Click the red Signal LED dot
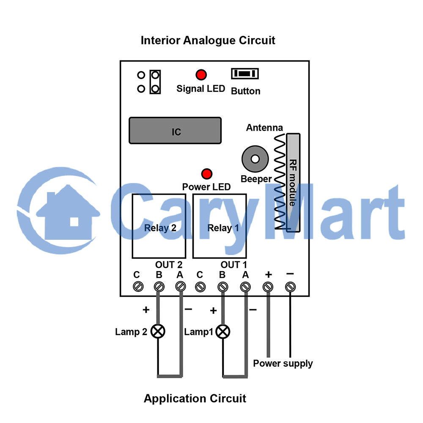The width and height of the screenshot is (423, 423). pyautogui.click(x=201, y=75)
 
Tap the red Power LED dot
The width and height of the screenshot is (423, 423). pyautogui.click(x=207, y=174)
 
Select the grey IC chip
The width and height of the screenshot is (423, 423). pyautogui.click(x=175, y=131)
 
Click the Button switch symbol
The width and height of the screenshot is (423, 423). pyautogui.click(x=244, y=74)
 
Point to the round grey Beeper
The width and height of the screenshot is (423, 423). pyautogui.click(x=255, y=159)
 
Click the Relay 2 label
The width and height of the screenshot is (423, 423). pyautogui.click(x=160, y=228)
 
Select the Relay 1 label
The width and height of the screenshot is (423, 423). pyautogui.click(x=223, y=228)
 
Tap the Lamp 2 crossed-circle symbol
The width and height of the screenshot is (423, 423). pyautogui.click(x=158, y=331)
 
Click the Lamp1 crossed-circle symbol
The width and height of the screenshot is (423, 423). pyautogui.click(x=223, y=332)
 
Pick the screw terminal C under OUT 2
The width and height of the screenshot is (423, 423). pyautogui.click(x=138, y=286)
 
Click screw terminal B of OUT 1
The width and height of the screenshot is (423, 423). pyautogui.click(x=223, y=287)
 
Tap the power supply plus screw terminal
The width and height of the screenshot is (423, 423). pyautogui.click(x=268, y=287)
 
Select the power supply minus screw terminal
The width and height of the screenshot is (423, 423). pyautogui.click(x=290, y=287)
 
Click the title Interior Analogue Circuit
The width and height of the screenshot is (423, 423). pyautogui.click(x=208, y=41)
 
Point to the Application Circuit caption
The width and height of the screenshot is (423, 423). pyautogui.click(x=195, y=398)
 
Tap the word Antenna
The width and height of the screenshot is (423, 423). pyautogui.click(x=264, y=128)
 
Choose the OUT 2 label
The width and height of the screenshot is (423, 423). pyautogui.click(x=169, y=265)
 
